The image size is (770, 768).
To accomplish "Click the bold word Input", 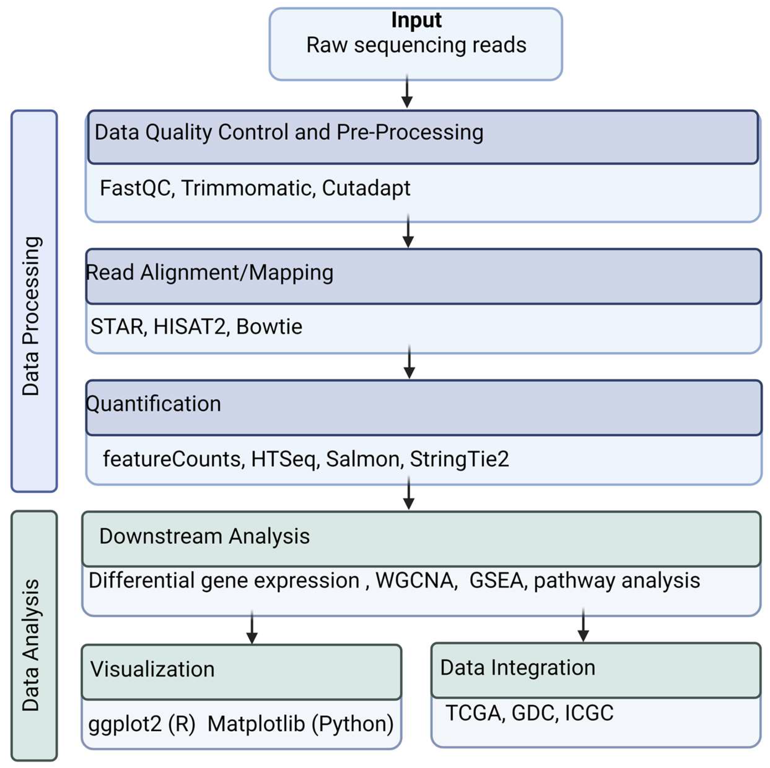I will [416, 20].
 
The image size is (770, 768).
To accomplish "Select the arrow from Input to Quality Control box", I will [407, 92].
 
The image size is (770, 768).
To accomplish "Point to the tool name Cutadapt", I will [366, 188].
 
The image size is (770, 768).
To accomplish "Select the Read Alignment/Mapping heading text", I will [210, 273].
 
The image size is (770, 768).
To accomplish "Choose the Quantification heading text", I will [154, 404].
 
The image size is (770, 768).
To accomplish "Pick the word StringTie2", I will [459, 459].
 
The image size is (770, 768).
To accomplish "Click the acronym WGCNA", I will [416, 581].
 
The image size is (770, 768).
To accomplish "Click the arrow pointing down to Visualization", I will [252, 627].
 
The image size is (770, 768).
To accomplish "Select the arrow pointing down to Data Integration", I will [583, 625].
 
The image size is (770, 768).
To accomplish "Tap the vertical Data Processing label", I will [31, 316].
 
